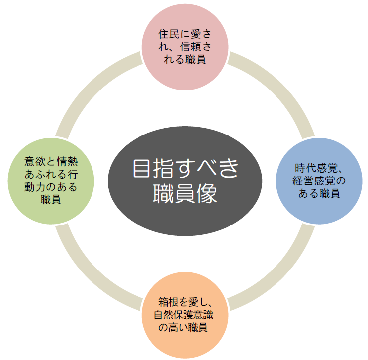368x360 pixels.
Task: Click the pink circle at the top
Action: [185, 47]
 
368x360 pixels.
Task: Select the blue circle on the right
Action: [319, 181]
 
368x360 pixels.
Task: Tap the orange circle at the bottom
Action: [185, 315]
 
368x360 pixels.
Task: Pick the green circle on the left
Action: [51, 181]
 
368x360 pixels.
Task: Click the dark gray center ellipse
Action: [185, 181]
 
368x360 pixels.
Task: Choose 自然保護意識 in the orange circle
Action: [184, 315]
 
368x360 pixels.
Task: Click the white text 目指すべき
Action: [185, 168]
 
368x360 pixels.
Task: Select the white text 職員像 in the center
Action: [185, 194]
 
